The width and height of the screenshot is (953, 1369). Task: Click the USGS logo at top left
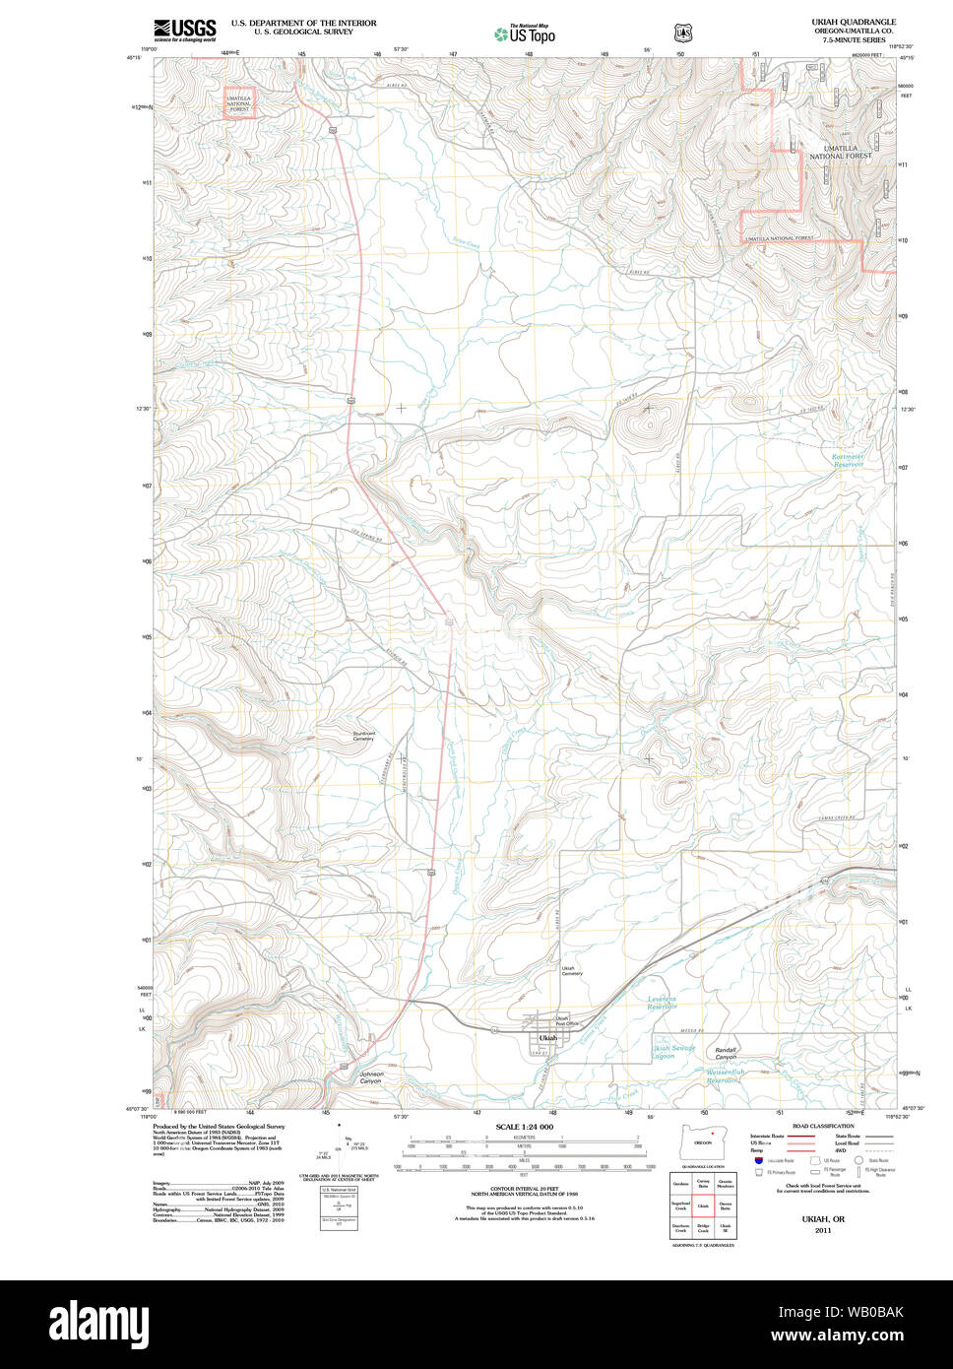[x=184, y=30]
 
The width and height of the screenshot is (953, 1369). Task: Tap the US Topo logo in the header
[x=525, y=34]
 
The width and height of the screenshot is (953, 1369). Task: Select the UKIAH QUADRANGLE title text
[x=854, y=22]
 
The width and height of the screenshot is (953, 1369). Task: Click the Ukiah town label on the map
[x=547, y=1038]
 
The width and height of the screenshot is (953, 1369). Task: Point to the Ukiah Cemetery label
[x=572, y=971]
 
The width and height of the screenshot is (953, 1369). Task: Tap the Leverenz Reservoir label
[x=663, y=1003]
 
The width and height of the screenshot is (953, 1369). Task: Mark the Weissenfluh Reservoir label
[x=710, y=1076]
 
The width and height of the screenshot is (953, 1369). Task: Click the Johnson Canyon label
[x=370, y=1077]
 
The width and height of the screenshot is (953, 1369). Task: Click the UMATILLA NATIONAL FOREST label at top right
[x=840, y=152]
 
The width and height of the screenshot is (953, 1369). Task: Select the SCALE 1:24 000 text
[x=524, y=1127]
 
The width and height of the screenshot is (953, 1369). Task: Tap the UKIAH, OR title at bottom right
[x=816, y=1219]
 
